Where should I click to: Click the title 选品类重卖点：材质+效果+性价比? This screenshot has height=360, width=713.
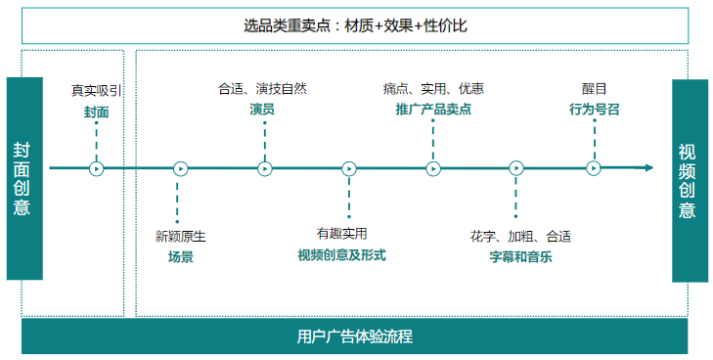tap(356, 25)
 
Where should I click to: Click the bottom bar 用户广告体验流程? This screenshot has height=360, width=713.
tap(354, 337)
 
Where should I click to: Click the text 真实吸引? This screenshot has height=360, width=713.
tap(96, 91)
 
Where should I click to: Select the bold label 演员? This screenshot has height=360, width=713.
tap(262, 109)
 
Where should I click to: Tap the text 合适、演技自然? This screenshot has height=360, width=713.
tap(262, 89)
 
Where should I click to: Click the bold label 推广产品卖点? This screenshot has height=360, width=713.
tap(433, 109)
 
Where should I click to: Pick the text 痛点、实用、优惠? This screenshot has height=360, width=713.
tap(433, 89)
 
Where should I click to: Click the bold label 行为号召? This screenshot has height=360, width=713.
tap(595, 109)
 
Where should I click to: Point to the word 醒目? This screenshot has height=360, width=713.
tap(595, 89)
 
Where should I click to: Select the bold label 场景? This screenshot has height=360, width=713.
tap(180, 256)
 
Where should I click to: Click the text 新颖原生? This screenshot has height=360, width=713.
tap(180, 236)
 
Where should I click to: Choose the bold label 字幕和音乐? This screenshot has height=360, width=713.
tap(520, 256)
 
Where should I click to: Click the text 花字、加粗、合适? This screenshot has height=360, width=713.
tap(520, 236)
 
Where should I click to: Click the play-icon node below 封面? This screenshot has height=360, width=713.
tap(96, 168)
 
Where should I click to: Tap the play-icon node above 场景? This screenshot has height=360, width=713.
tap(180, 168)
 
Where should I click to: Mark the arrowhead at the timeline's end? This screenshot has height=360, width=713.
tap(647, 168)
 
